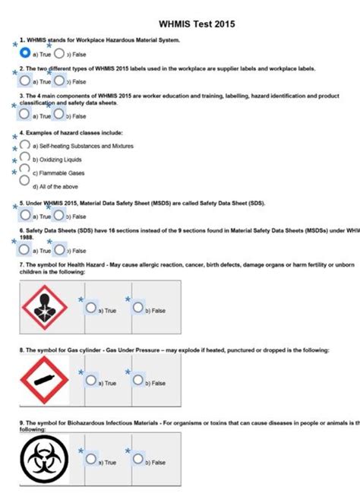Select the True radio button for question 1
[x=26, y=54]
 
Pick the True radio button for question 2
[x=26, y=81]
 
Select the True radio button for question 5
[x=26, y=216]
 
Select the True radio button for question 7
[x=91, y=309]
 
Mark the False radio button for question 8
[x=137, y=381]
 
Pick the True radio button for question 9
[x=91, y=460]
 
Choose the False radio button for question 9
[x=137, y=460]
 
